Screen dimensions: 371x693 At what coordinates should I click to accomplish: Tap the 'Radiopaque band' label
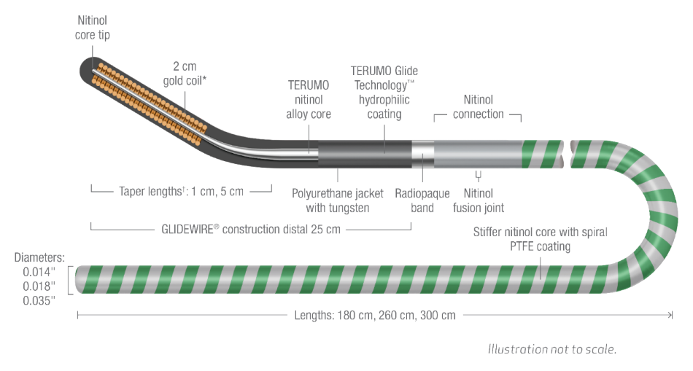tap(423, 201)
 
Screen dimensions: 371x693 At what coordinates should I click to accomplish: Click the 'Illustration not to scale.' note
tap(552, 348)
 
